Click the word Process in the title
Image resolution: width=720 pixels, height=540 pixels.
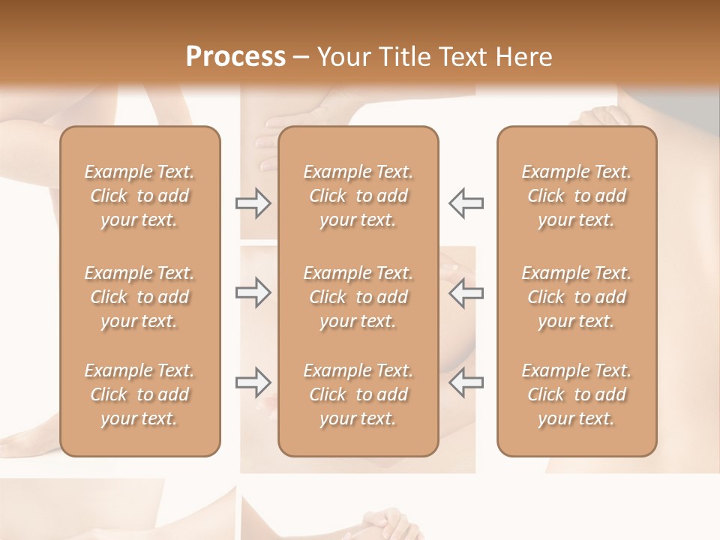pos(235,57)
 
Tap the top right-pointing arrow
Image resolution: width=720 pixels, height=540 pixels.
pos(253,203)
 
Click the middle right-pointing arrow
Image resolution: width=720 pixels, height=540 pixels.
pos(253,292)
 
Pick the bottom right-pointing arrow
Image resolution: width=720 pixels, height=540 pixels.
pos(253,382)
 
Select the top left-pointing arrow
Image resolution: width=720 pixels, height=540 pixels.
pos(466,203)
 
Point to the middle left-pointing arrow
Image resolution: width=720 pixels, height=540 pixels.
pos(466,292)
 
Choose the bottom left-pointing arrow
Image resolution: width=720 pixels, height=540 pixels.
pos(466,382)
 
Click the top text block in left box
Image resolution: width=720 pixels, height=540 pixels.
pos(139,196)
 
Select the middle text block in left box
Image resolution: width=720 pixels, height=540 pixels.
pos(139,297)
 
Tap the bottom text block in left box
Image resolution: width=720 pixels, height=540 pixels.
pos(139,394)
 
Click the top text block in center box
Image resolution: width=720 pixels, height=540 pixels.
pos(358,196)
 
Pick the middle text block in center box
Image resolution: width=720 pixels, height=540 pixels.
pos(358,297)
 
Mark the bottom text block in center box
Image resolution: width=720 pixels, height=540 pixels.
pos(358,394)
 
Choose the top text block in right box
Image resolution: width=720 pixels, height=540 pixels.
pos(577,196)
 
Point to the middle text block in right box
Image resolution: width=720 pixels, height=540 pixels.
pos(577,297)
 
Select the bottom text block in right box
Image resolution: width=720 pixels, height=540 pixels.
pos(577,394)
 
